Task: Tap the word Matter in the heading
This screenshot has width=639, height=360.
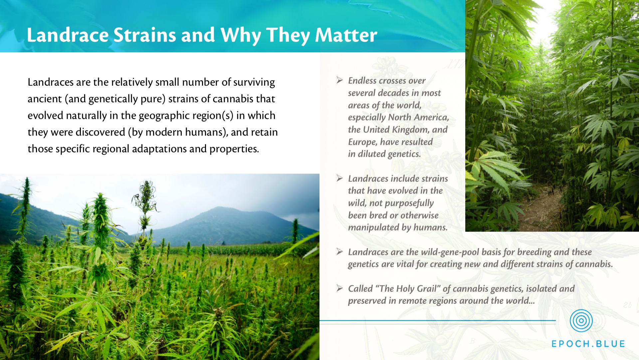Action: tap(346, 35)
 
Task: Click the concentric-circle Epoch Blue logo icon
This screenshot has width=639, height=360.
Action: tap(581, 321)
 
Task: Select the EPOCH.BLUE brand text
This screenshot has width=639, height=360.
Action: tap(588, 344)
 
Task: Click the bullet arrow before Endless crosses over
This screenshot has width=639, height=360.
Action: tap(339, 80)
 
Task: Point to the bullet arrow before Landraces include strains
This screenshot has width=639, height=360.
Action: tap(339, 178)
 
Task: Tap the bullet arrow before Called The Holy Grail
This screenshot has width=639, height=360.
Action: tap(339, 288)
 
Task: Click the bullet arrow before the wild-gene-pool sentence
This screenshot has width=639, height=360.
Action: tap(339, 251)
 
